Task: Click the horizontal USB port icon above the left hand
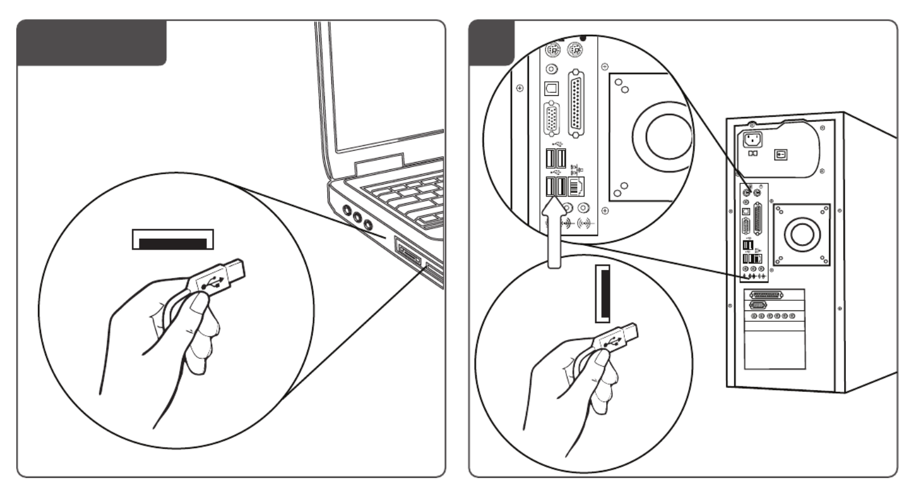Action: click(172, 239)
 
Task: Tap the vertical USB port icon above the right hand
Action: click(602, 293)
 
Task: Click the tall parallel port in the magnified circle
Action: click(578, 107)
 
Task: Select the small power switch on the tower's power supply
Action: click(781, 154)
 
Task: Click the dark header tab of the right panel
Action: click(492, 42)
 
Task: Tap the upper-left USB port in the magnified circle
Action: click(549, 160)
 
